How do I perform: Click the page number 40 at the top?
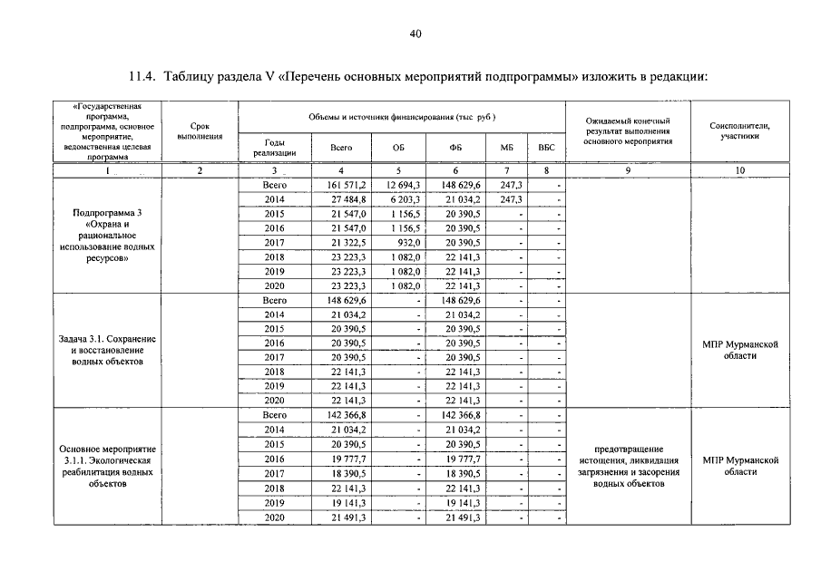[x=415, y=35]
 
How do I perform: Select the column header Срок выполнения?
[x=200, y=131]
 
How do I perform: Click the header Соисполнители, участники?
[x=739, y=131]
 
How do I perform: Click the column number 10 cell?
[x=739, y=170]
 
